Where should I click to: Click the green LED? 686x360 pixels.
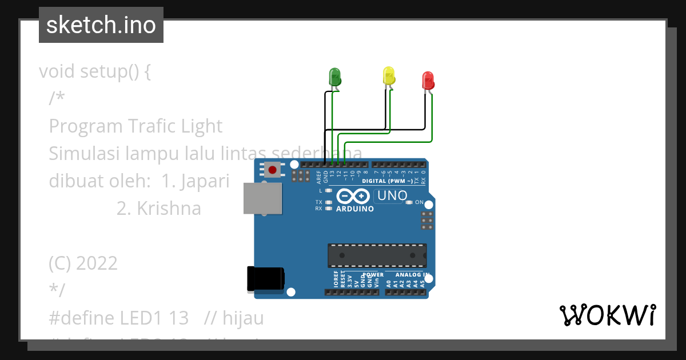click(x=334, y=77)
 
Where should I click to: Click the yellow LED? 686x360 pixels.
click(x=389, y=76)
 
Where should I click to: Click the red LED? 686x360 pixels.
click(x=428, y=81)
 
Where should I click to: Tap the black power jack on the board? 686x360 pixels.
click(x=265, y=279)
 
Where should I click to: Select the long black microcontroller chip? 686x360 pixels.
click(x=377, y=255)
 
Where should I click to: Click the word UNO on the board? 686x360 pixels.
click(x=392, y=196)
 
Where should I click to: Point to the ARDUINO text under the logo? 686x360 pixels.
click(x=355, y=209)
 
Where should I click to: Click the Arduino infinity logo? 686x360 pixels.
click(x=353, y=197)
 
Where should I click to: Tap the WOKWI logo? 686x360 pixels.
click(x=607, y=315)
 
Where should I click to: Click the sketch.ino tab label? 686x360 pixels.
click(x=101, y=25)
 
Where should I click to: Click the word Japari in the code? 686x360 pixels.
click(x=204, y=181)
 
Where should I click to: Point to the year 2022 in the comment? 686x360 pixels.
click(x=96, y=263)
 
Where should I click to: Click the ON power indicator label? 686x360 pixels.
click(x=419, y=202)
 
